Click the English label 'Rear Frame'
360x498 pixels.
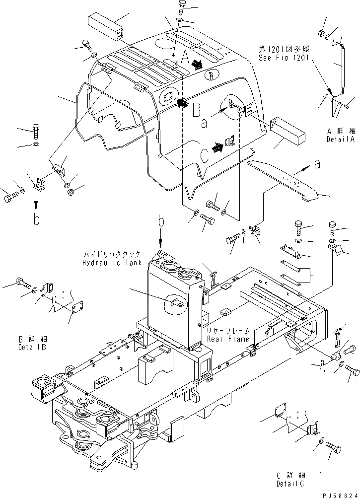(224, 339)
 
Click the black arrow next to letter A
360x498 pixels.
(197, 64)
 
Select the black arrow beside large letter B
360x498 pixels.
(182, 102)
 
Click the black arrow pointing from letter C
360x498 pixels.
(216, 147)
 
